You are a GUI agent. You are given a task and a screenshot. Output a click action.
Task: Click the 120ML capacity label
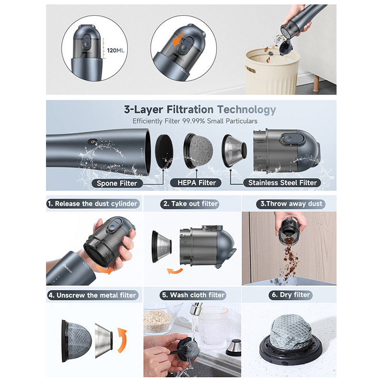(115, 51)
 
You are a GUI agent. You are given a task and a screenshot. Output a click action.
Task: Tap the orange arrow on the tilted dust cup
(178, 40)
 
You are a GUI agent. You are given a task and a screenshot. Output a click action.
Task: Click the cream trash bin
(272, 71)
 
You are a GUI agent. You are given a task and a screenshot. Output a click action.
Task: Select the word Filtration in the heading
(190, 110)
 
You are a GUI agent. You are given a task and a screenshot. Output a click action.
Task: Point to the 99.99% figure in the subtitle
(193, 121)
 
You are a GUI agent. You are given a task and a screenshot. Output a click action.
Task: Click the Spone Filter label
(117, 183)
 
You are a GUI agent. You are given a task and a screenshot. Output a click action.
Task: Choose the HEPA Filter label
(197, 183)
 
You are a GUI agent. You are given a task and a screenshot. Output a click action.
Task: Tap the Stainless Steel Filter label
(282, 183)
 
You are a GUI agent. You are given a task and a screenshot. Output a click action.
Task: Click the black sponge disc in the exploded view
(164, 151)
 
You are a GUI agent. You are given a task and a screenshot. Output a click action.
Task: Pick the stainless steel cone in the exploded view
(234, 151)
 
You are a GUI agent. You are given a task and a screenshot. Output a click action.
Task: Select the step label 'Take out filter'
(190, 204)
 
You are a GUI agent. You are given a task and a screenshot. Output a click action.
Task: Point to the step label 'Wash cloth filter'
(193, 295)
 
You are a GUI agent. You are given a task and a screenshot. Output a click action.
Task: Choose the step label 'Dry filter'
(291, 295)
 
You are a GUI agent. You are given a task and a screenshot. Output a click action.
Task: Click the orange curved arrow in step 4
(122, 340)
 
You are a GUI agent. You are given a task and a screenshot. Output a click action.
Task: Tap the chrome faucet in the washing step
(196, 309)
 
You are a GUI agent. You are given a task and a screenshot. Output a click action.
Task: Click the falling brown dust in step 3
(290, 259)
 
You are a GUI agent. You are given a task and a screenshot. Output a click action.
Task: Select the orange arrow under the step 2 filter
(175, 271)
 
